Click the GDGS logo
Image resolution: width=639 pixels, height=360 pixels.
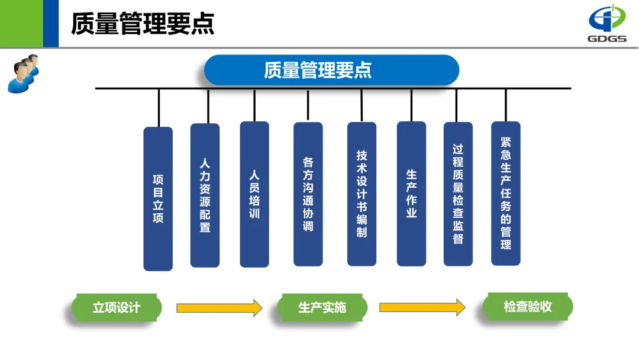tap(606, 24)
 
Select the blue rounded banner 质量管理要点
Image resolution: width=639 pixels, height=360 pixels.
tap(331, 70)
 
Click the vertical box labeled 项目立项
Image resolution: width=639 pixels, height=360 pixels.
tap(158, 198)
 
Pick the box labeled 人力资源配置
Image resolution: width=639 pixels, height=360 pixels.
tap(205, 195)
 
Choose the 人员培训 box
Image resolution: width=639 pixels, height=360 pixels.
tap(254, 194)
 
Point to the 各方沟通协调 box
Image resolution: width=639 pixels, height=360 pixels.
tap(308, 194)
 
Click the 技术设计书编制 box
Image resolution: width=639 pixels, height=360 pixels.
tap(362, 194)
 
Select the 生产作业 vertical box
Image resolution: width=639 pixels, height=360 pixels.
tap(411, 194)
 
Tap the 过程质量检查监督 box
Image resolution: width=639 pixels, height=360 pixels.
tap(458, 194)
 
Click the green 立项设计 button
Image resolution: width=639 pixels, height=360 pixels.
tap(117, 308)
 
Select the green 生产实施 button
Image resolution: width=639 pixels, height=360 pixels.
tap(322, 308)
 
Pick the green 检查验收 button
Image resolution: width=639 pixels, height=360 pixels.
tap(528, 307)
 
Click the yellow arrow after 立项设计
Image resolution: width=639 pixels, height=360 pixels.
tap(219, 308)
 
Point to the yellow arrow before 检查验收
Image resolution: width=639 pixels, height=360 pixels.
tap(422, 307)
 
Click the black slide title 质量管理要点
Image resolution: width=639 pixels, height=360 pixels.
tap(143, 24)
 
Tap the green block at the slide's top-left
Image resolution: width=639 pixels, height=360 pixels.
tap(21, 24)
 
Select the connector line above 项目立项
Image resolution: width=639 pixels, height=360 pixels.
tap(159, 108)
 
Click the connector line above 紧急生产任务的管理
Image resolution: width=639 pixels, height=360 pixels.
tap(506, 105)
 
